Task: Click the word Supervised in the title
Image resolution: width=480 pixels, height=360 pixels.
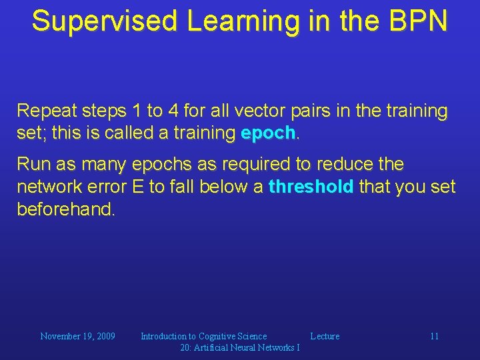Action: pos(106,21)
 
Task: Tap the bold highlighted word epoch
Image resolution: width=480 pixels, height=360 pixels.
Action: pos(268,133)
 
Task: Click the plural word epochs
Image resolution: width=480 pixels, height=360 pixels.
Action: pos(161,164)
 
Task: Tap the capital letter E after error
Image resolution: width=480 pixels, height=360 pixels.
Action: pos(138,187)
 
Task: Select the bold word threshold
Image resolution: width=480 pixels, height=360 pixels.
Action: pos(311,187)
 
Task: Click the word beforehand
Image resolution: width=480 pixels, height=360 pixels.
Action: pos(65,210)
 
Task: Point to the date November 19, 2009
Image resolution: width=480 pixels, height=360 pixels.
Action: pos(77,336)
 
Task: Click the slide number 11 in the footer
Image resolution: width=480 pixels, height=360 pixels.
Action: pos(434,336)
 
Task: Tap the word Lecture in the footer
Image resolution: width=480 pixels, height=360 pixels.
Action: pos(325,336)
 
